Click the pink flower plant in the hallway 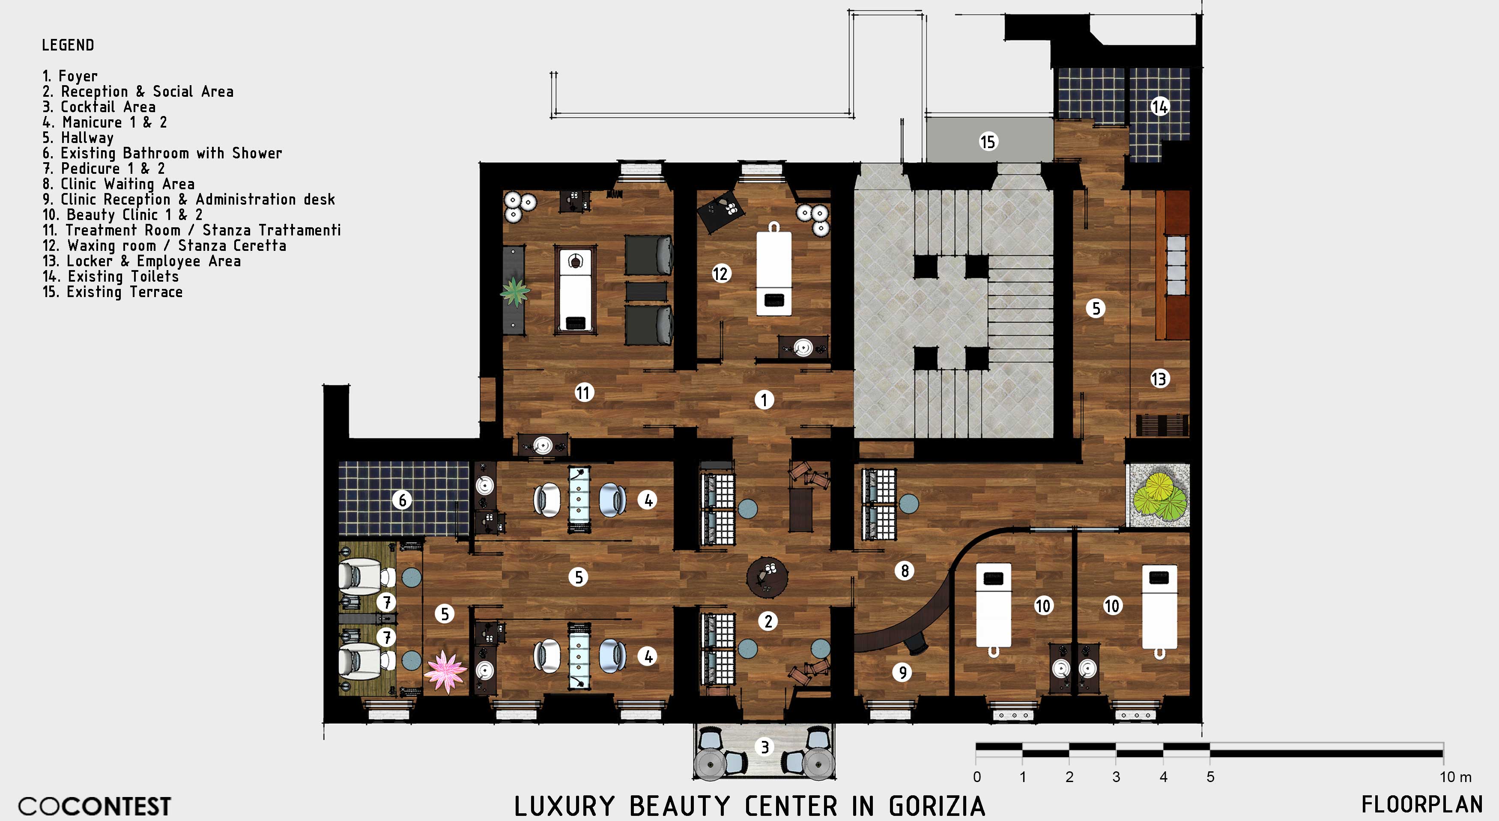pyautogui.click(x=445, y=672)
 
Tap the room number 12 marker pyautogui.click(x=720, y=273)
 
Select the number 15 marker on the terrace pyautogui.click(x=988, y=141)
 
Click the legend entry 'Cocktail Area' pyautogui.click(x=99, y=107)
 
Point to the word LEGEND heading pyautogui.click(x=68, y=45)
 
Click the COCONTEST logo pyautogui.click(x=95, y=806)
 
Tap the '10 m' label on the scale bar pyautogui.click(x=1455, y=777)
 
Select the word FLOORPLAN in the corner pyautogui.click(x=1421, y=805)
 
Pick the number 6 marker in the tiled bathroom pyautogui.click(x=402, y=500)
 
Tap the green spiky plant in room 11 pyautogui.click(x=515, y=292)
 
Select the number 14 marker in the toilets pyautogui.click(x=1160, y=107)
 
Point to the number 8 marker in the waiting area pyautogui.click(x=905, y=571)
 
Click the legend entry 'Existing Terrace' pyautogui.click(x=112, y=292)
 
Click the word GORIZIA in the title pyautogui.click(x=937, y=806)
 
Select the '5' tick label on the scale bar pyautogui.click(x=1210, y=777)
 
